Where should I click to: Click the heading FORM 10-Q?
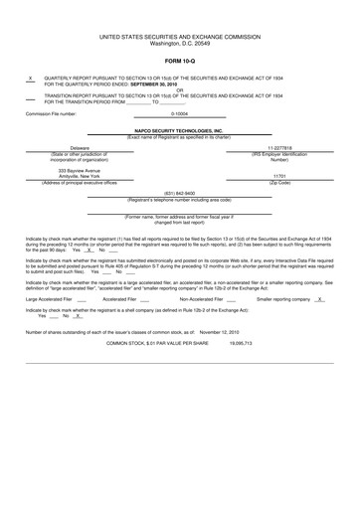click(x=179, y=62)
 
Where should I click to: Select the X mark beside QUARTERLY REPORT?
click(x=31, y=78)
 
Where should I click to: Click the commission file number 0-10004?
click(x=180, y=113)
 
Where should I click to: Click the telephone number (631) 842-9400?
click(x=179, y=193)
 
